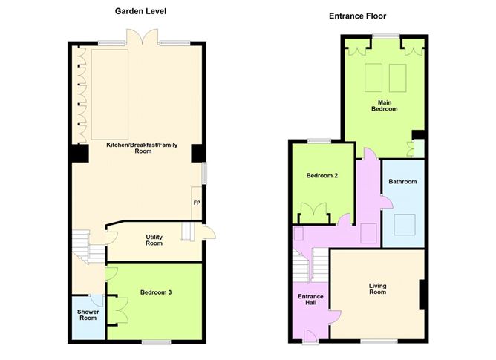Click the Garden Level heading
pyautogui.click(x=140, y=11)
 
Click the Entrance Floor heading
pyautogui.click(x=357, y=16)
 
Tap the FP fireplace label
pyautogui.click(x=197, y=203)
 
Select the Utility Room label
pyautogui.click(x=154, y=240)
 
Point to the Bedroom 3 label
pyautogui.click(x=156, y=292)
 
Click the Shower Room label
pyautogui.click(x=88, y=315)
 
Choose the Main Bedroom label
pyautogui.click(x=385, y=105)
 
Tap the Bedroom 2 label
pyautogui.click(x=322, y=175)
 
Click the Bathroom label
pyautogui.click(x=402, y=182)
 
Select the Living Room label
pyautogui.click(x=378, y=289)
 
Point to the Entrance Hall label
pyautogui.click(x=310, y=300)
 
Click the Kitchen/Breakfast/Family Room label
pyautogui.click(x=142, y=148)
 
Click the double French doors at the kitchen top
pyautogui.click(x=143, y=36)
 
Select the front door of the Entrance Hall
pyautogui.click(x=310, y=336)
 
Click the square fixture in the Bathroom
pyautogui.click(x=405, y=225)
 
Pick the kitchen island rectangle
pyautogui.click(x=110, y=94)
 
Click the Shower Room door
pyautogui.click(x=97, y=300)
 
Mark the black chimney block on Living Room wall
pyautogui.click(x=422, y=294)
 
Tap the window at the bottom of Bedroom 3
pyautogui.click(x=156, y=342)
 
